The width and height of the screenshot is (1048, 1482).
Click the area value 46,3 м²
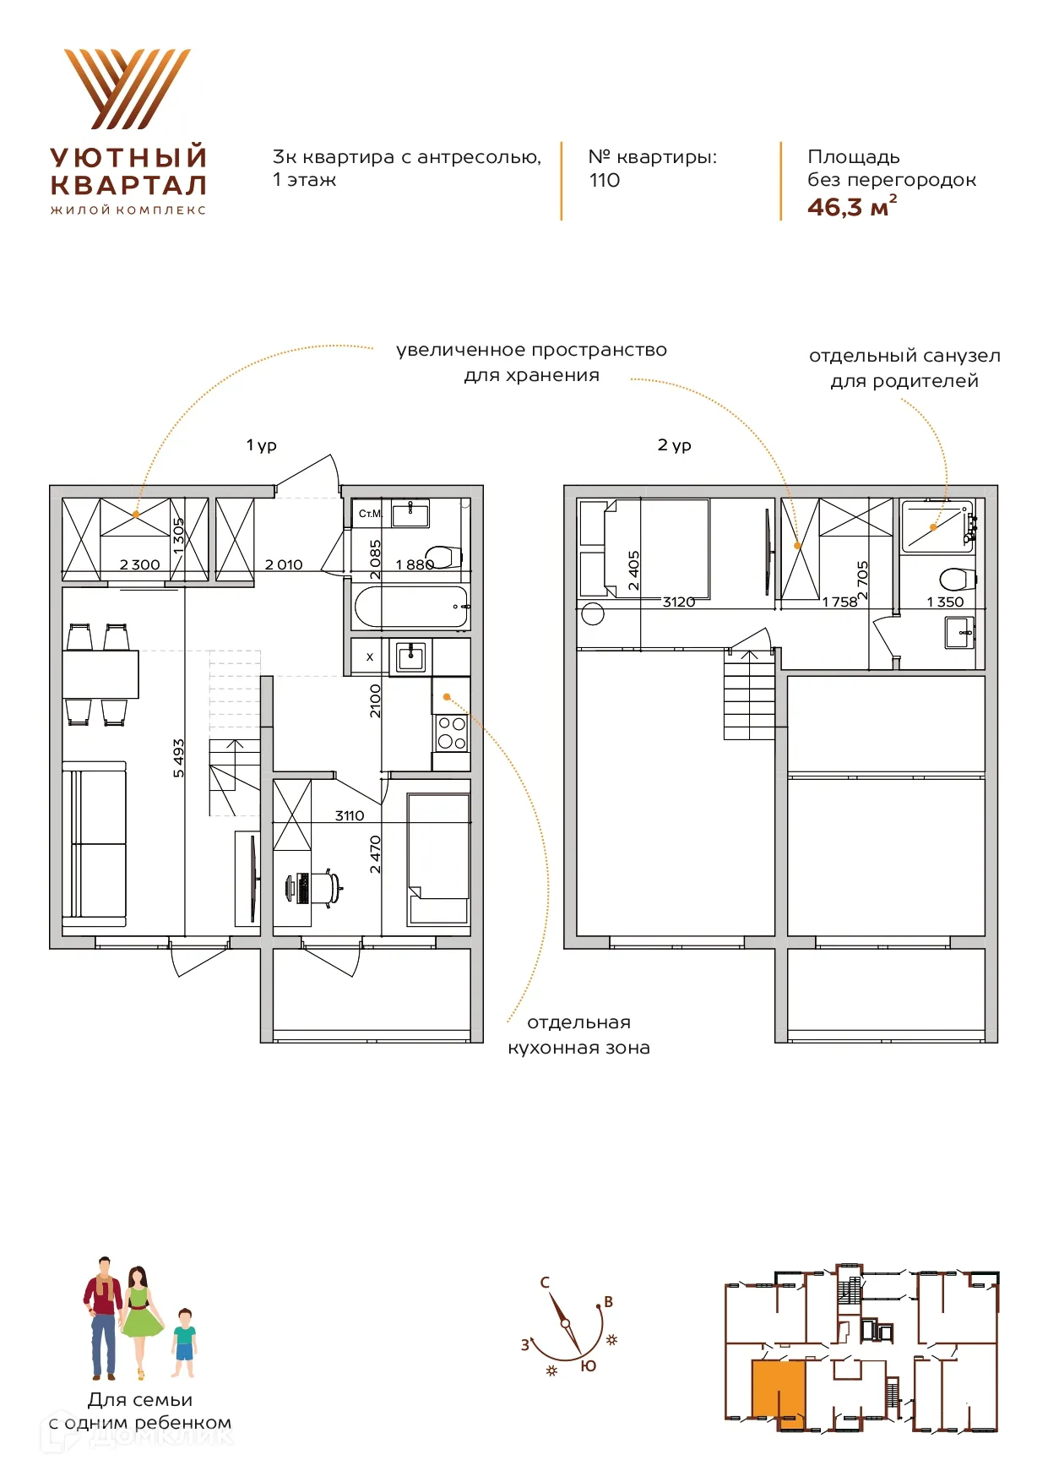pyautogui.click(x=852, y=207)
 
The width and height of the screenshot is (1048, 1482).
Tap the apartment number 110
pyautogui.click(x=605, y=180)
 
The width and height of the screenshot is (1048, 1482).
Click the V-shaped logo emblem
pyautogui.click(x=128, y=89)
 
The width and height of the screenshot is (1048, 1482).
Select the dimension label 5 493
pyautogui.click(x=178, y=758)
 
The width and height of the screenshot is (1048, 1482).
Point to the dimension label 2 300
pyautogui.click(x=139, y=564)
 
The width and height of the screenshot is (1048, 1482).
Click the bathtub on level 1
pyautogui.click(x=411, y=607)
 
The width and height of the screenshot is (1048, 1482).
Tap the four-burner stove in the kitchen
pyautogui.click(x=452, y=733)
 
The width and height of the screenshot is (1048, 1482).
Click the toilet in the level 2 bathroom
pyautogui.click(x=958, y=580)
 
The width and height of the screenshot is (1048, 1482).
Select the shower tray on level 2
pyautogui.click(x=937, y=527)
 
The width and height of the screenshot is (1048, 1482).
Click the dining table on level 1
pyautogui.click(x=100, y=674)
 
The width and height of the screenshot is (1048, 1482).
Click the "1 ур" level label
pyautogui.click(x=262, y=445)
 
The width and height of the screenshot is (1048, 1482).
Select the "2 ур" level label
pyautogui.click(x=675, y=445)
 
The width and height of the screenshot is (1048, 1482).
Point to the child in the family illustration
pyautogui.click(x=184, y=1344)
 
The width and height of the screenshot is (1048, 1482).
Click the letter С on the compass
pyautogui.click(x=545, y=1282)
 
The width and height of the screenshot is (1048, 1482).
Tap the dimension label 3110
pyautogui.click(x=350, y=815)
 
